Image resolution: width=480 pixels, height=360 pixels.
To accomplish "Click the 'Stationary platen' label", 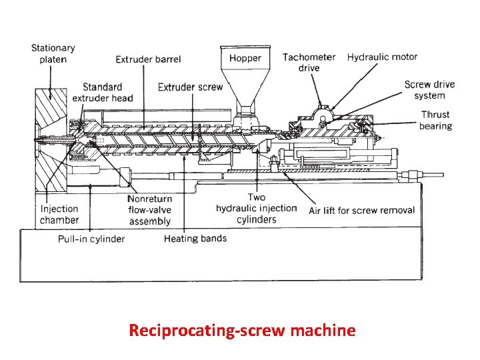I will click(x=53, y=53).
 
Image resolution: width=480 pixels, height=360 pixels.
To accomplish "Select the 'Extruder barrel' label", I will click(x=148, y=59).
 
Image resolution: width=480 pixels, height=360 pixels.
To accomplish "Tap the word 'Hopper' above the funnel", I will click(x=245, y=58).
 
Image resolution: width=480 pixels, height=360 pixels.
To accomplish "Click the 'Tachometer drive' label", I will click(x=309, y=62).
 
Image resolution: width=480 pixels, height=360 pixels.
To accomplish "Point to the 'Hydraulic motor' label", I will click(x=382, y=57).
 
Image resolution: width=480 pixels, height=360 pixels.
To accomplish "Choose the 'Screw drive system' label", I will click(x=429, y=90).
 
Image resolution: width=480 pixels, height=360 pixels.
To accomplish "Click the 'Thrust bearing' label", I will click(x=435, y=120).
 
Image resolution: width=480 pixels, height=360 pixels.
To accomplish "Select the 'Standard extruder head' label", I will click(x=103, y=93).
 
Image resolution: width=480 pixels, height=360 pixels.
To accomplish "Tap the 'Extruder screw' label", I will click(x=190, y=87).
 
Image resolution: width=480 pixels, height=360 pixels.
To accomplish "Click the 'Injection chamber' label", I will click(x=59, y=215).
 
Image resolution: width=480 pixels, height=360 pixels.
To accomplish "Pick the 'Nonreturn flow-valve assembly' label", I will click(x=149, y=210).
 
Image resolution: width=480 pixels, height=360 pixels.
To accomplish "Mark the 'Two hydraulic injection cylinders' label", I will click(x=256, y=208).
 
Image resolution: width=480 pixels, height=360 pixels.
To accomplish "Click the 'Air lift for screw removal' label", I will click(x=361, y=211).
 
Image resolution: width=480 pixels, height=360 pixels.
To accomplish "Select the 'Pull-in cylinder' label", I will click(x=92, y=239).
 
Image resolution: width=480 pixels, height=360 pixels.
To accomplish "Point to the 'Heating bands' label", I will click(x=195, y=239).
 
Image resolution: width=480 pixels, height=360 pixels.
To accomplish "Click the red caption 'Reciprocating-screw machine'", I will click(x=242, y=330).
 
